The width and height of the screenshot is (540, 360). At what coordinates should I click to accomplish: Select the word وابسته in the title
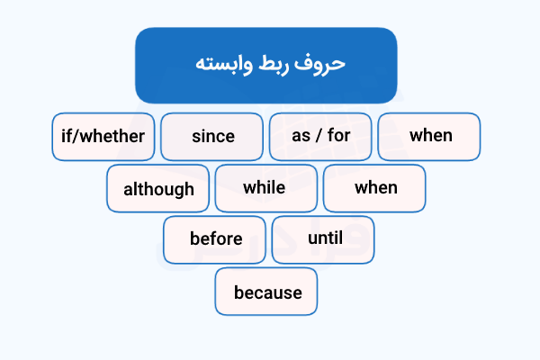click(x=224, y=65)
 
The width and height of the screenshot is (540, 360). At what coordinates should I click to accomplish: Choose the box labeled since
click(x=212, y=137)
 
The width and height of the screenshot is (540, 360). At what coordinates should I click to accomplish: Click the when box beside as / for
click(x=430, y=137)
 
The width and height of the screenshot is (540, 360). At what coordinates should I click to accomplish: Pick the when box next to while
click(x=375, y=188)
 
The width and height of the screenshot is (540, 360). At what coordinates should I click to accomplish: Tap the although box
click(x=158, y=189)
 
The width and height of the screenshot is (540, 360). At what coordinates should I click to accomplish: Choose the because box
click(x=267, y=292)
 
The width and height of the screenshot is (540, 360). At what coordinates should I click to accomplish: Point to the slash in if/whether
click(x=78, y=137)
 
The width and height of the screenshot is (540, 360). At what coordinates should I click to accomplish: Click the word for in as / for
click(x=338, y=137)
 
